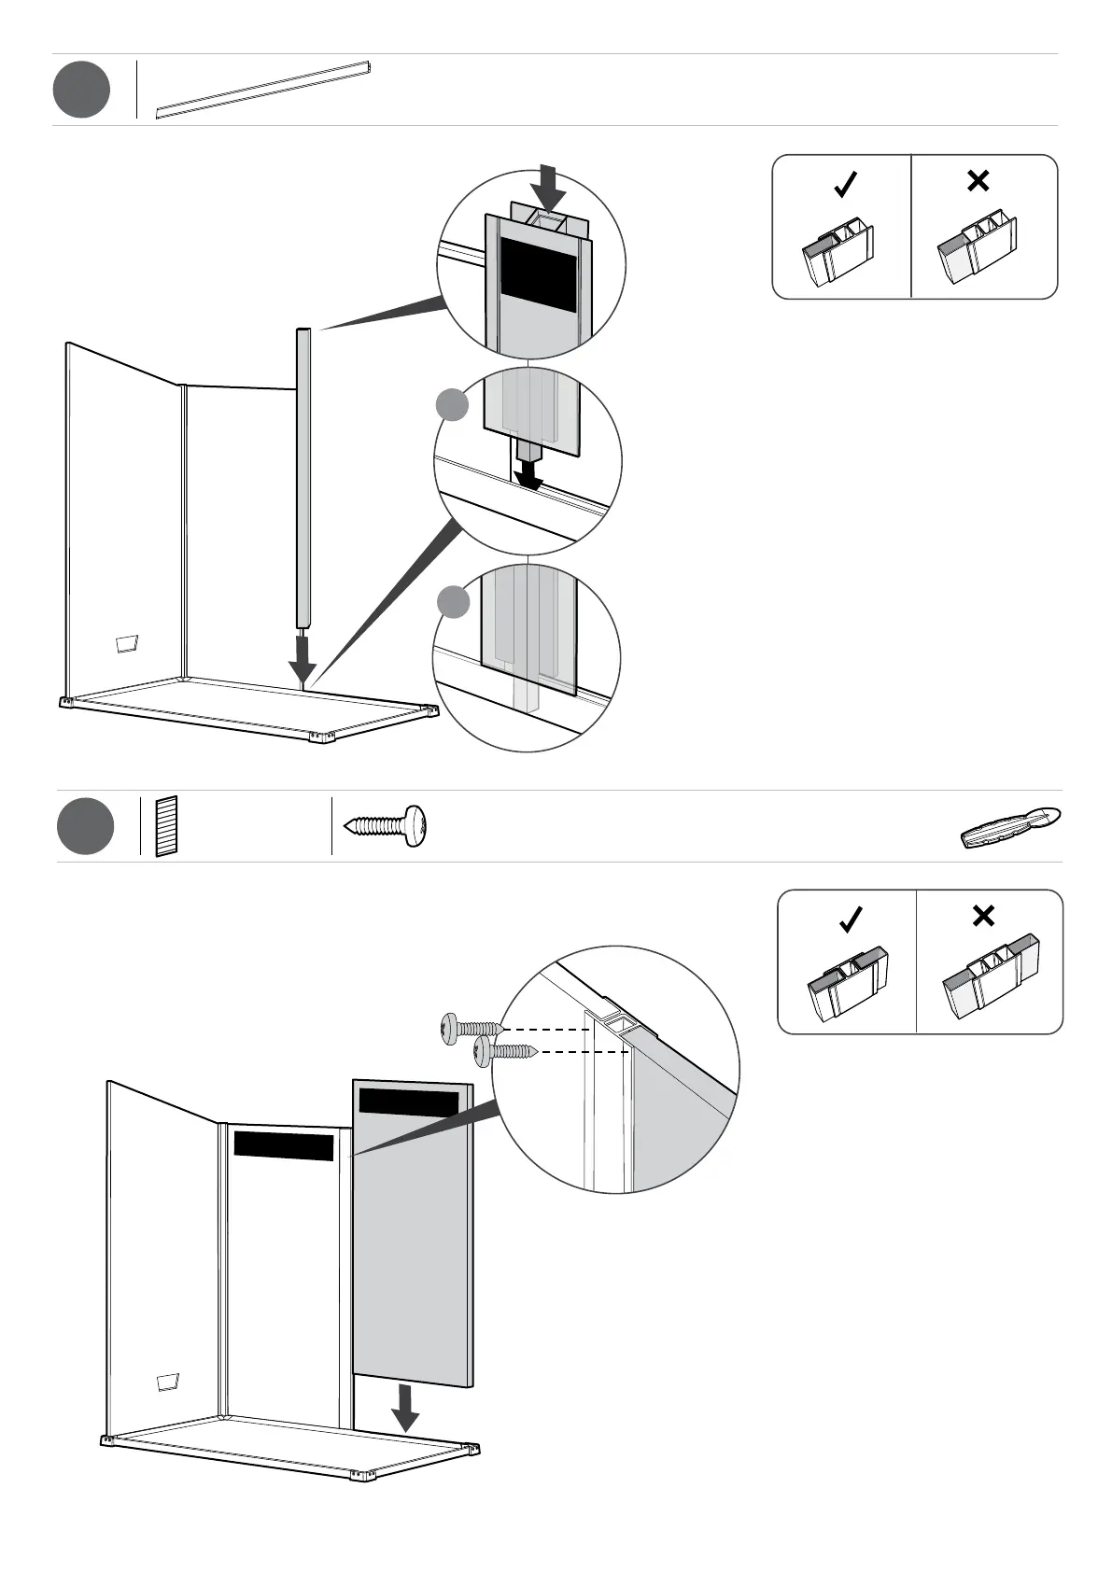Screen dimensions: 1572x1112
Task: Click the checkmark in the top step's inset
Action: [x=845, y=184]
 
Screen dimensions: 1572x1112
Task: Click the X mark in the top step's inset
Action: [x=978, y=181]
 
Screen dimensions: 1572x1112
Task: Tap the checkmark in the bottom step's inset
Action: [x=851, y=919]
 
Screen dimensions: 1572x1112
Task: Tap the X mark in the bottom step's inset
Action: [x=983, y=917]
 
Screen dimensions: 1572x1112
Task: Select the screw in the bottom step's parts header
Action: [x=386, y=825]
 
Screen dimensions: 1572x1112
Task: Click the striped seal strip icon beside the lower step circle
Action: [x=166, y=826]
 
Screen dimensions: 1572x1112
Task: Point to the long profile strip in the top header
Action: [x=263, y=91]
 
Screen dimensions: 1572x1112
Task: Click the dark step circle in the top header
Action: [x=81, y=90]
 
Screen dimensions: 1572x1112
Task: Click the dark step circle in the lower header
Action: [x=85, y=826]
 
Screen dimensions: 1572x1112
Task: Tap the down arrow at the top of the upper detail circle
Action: [x=552, y=188]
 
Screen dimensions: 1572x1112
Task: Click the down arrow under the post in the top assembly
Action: [x=302, y=662]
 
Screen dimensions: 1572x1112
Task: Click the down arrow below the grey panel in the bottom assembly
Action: [x=405, y=1433]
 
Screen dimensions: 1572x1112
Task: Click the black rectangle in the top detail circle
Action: [x=538, y=274]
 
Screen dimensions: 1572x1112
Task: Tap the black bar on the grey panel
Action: [x=409, y=1102]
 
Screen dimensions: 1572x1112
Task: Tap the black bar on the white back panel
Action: [x=283, y=1145]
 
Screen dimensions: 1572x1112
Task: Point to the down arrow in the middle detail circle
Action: [x=530, y=470]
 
